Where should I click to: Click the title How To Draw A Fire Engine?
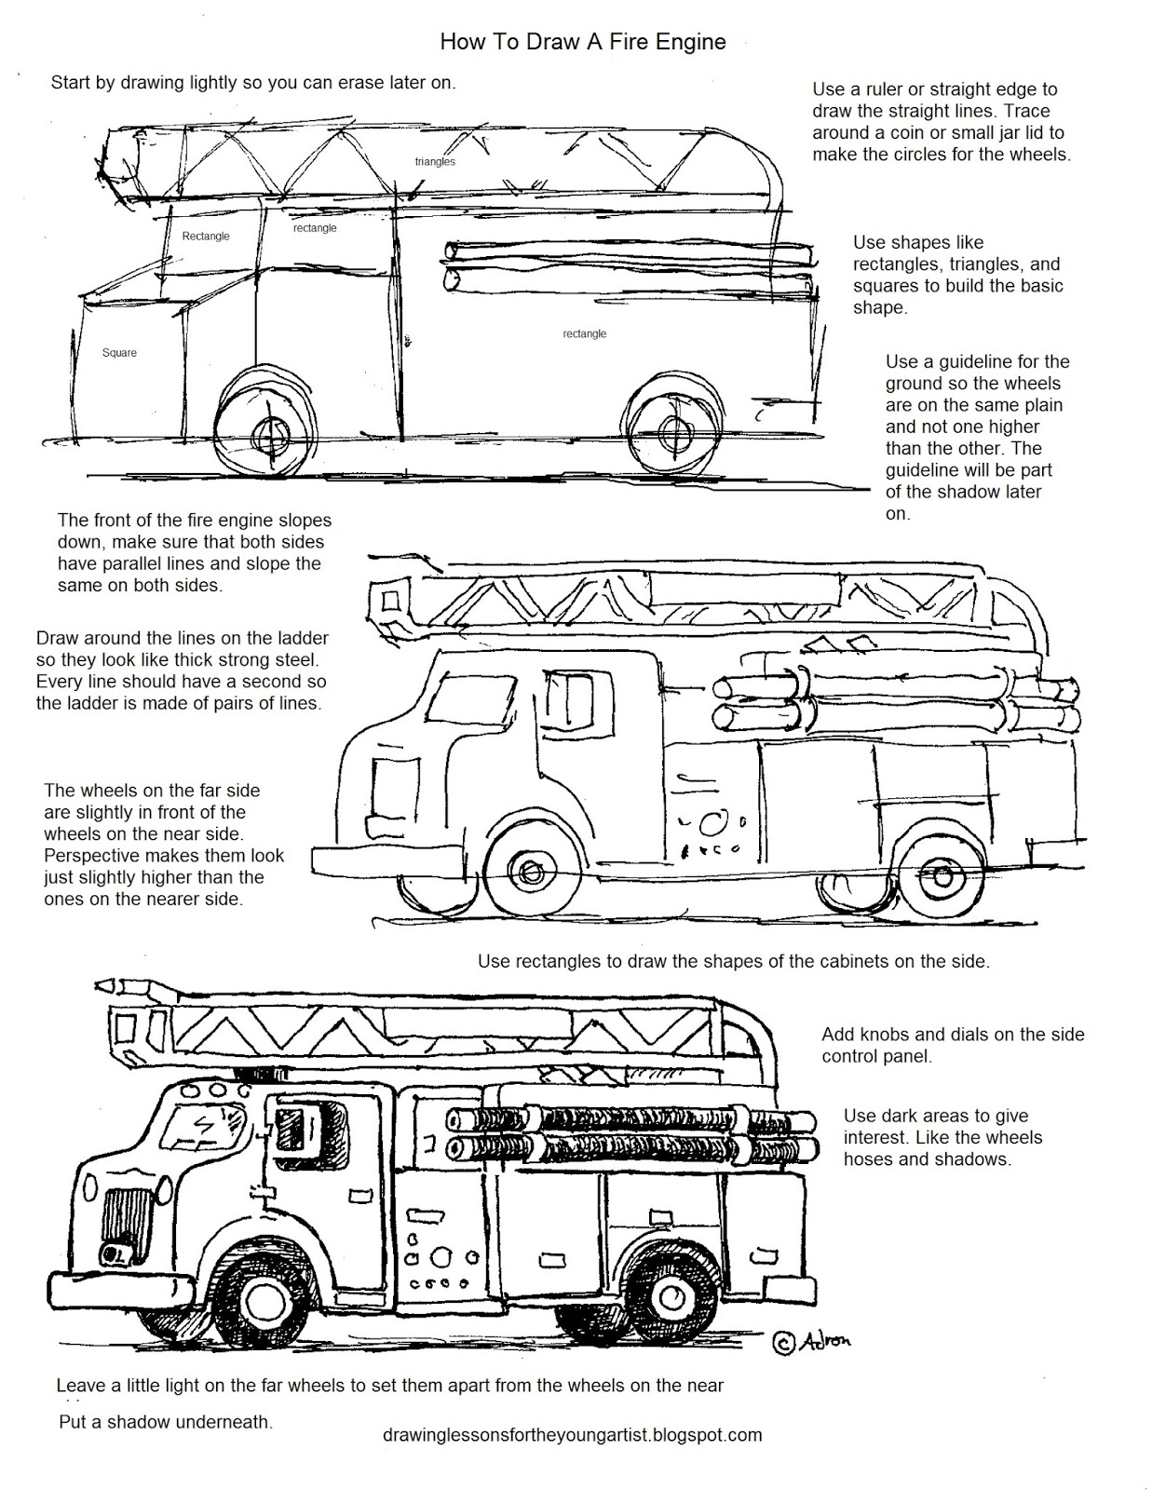coord(582,42)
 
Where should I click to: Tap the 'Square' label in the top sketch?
coord(119,352)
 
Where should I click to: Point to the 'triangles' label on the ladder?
coord(435,162)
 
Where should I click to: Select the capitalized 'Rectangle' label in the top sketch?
coord(206,236)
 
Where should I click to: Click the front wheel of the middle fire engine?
coord(529,872)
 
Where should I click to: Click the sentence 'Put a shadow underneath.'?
coord(166,1421)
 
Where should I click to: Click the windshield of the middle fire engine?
coord(471,698)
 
